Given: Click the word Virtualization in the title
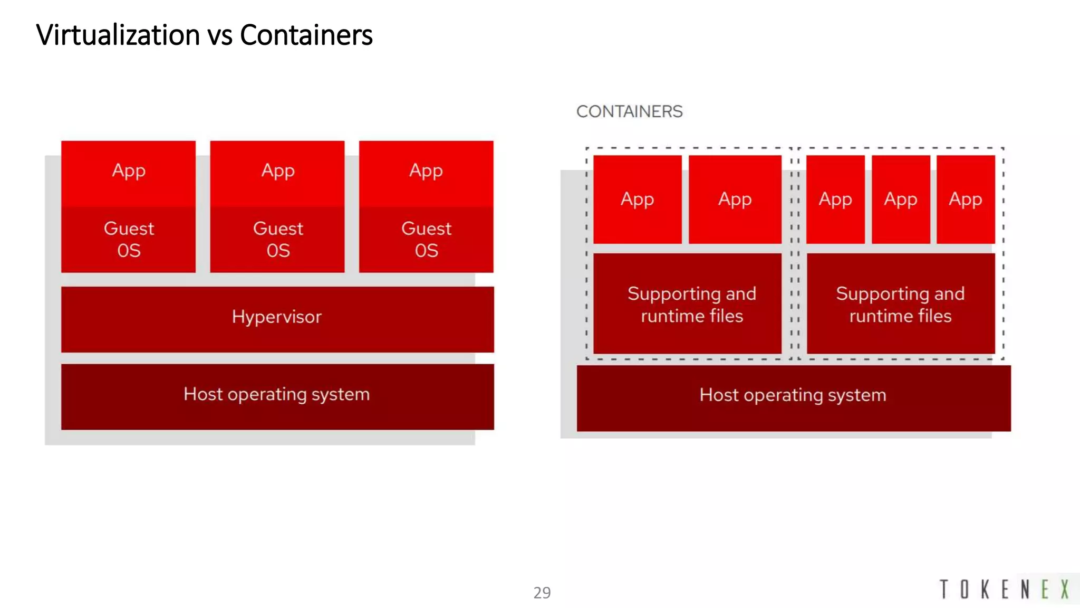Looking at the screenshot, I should [x=118, y=35].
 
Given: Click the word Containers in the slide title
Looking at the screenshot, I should [x=306, y=35].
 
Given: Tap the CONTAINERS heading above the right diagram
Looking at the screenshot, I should [x=629, y=111].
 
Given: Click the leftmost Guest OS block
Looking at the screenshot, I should [x=129, y=240].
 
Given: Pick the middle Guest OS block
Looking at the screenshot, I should [x=277, y=240].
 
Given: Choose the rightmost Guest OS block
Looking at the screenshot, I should [x=426, y=240].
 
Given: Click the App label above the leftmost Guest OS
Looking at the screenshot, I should [x=129, y=171].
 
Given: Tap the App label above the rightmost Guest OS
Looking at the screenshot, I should [x=426, y=171].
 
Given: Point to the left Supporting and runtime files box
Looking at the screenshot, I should [x=687, y=304].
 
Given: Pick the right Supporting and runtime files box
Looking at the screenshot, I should [x=900, y=304].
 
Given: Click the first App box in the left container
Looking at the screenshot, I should [x=637, y=199].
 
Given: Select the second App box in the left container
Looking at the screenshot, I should [x=735, y=199].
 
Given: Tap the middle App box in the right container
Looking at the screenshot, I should [x=901, y=199].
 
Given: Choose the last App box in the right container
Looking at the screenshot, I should [x=966, y=199].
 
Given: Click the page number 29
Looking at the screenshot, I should [x=542, y=593].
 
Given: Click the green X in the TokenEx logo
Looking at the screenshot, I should [x=1065, y=589].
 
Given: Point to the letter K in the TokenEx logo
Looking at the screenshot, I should [x=985, y=589].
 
